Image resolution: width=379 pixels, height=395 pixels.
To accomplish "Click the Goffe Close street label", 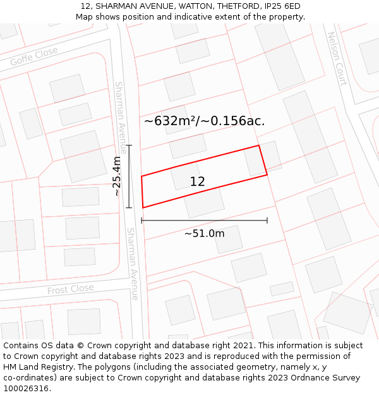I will pos(34,57).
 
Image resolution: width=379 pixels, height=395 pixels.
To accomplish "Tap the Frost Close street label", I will pos(70,290).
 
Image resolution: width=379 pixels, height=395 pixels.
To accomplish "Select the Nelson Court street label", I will pos(337,59).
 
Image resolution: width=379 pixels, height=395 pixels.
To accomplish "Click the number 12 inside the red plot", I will pos(197,182).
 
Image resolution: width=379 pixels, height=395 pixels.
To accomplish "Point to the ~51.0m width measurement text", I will pos(204,233).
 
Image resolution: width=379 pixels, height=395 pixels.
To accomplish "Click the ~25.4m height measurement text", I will pos(117,176).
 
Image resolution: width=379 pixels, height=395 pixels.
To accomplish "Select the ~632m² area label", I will pos(169,121).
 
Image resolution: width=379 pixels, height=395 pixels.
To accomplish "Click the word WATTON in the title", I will pos(198,6).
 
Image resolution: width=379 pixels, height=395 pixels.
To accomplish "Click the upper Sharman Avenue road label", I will pos(121,117).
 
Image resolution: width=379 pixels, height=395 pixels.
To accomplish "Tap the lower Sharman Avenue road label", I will pos(132,264).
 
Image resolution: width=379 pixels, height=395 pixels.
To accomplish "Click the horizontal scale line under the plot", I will pos(204,221).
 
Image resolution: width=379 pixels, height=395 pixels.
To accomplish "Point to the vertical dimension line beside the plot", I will pos(129,176).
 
